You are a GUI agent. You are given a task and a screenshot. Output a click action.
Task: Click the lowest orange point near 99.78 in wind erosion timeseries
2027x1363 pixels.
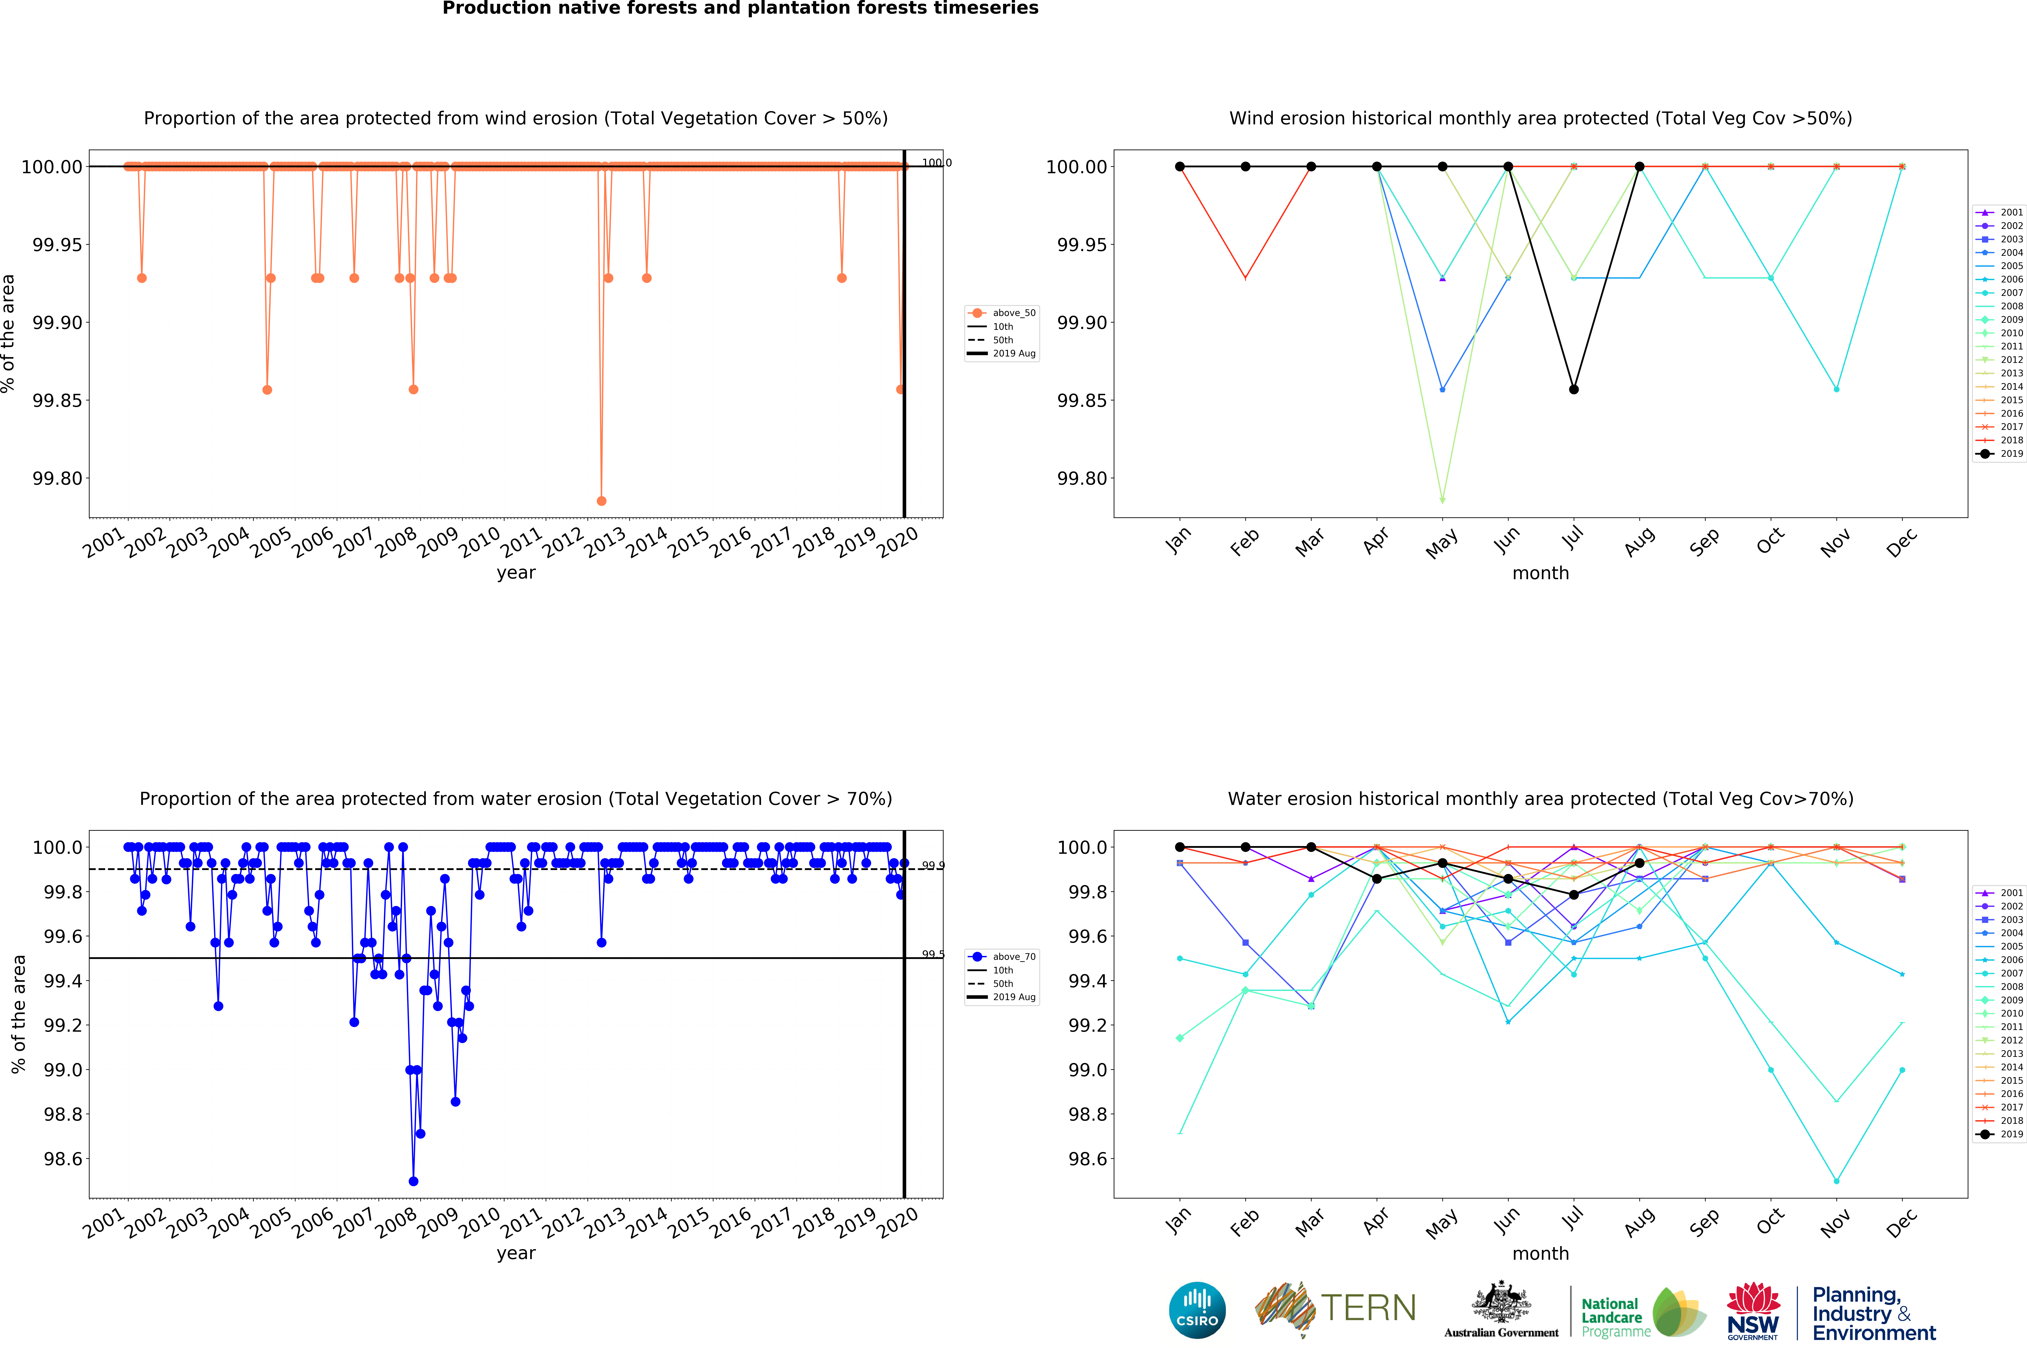coord(601,501)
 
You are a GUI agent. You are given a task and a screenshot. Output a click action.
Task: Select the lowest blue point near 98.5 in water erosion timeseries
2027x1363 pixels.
coord(414,1181)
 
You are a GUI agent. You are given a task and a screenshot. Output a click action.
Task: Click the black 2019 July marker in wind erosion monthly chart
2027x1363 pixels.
coord(1573,389)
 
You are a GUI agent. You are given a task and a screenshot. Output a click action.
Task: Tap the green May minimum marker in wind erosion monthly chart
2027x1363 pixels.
coord(1442,501)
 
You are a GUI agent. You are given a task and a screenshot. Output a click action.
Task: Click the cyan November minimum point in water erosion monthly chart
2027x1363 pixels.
coord(1836,1181)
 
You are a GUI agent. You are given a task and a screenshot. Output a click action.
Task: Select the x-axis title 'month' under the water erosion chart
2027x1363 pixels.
coord(1540,1254)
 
